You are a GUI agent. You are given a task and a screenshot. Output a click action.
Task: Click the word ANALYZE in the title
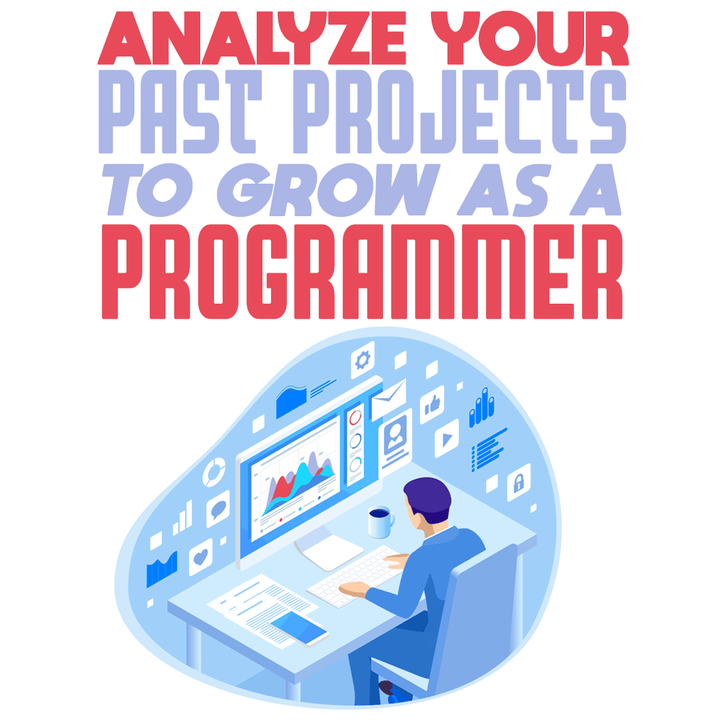(x=252, y=38)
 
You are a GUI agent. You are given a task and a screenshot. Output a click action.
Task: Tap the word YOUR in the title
(x=530, y=38)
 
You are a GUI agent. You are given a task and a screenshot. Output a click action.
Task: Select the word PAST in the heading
(x=180, y=112)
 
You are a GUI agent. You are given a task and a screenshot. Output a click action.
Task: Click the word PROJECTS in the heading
(x=460, y=112)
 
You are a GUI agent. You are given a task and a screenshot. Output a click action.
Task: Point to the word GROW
(x=328, y=190)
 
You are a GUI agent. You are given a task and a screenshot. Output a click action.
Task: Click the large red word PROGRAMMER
(x=362, y=272)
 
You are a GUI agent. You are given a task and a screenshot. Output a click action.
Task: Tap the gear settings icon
(x=362, y=359)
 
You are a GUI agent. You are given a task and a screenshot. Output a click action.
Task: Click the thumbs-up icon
(x=432, y=404)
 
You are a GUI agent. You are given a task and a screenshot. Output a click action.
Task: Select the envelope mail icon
(x=389, y=399)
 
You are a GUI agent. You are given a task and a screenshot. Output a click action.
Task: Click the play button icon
(x=447, y=439)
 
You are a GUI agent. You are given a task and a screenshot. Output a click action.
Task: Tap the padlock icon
(x=518, y=482)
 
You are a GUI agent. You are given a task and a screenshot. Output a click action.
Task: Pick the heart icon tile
(x=201, y=557)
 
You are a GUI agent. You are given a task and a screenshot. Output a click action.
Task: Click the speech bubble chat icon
(x=218, y=508)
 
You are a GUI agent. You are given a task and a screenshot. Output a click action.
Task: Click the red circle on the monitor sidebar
(x=356, y=418)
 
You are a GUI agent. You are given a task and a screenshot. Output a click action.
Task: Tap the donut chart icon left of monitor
(x=215, y=471)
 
